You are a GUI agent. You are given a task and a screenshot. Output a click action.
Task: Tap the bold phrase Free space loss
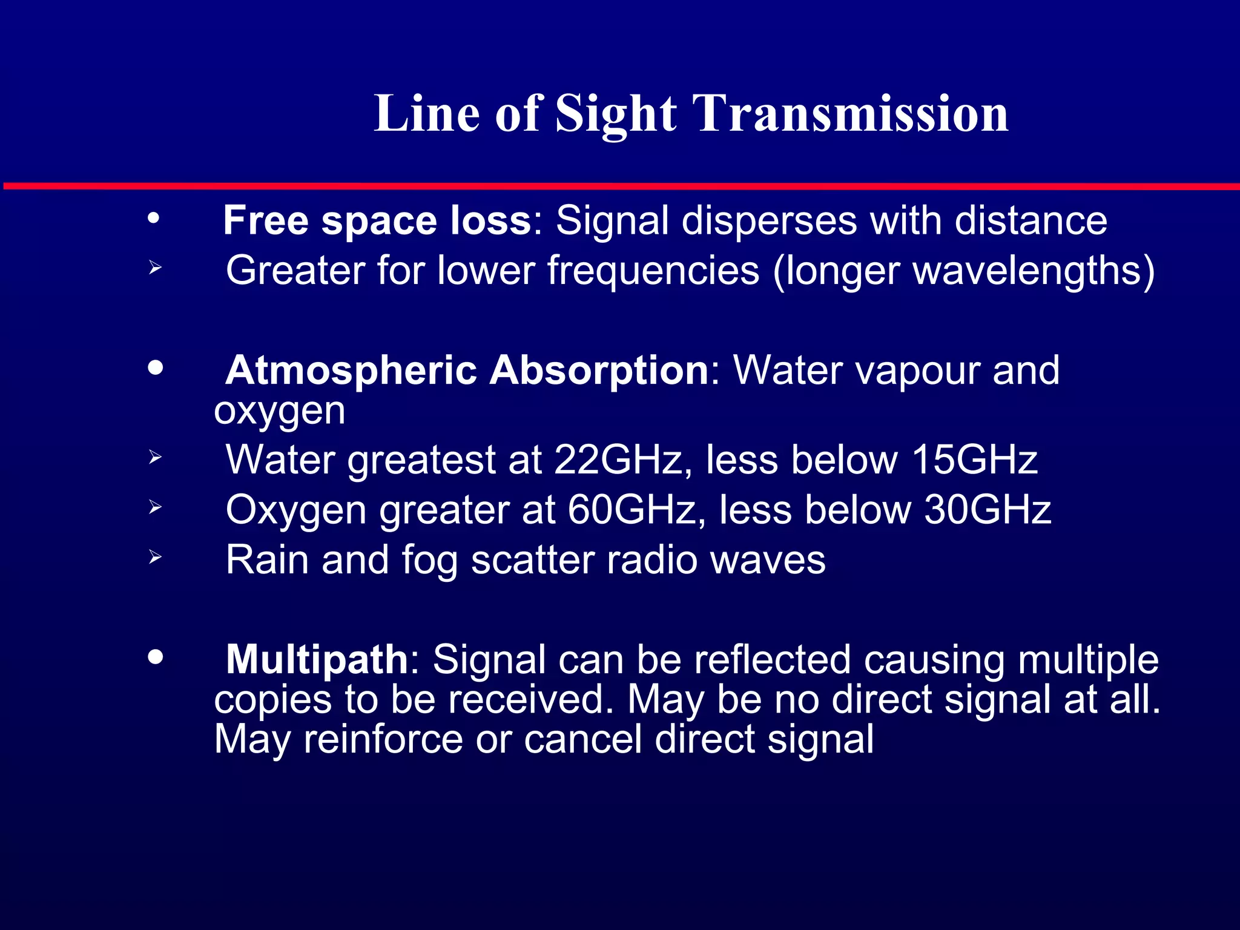377,220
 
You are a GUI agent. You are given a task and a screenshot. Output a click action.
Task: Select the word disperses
769,220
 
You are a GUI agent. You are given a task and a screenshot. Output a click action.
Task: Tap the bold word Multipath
317,659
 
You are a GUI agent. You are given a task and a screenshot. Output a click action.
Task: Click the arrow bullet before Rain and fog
155,557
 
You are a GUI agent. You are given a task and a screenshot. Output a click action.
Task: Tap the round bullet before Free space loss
154,218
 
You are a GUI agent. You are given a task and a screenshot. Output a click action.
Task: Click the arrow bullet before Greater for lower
155,267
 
